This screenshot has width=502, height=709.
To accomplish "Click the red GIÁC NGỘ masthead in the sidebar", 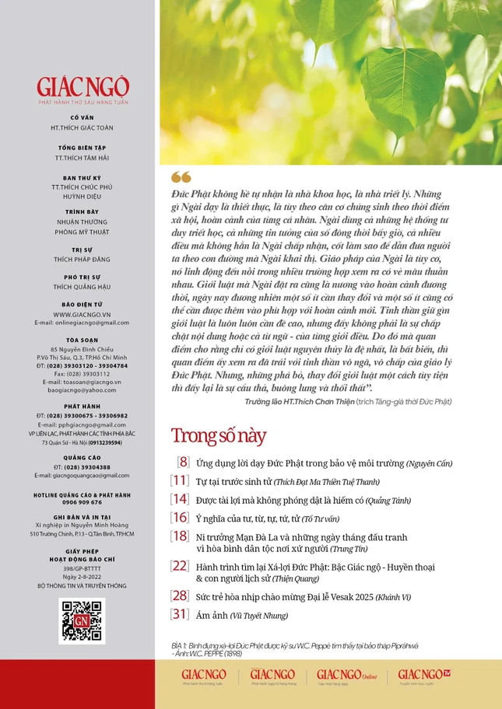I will [x=82, y=86].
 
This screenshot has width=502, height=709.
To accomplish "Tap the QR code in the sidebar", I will [x=82, y=621].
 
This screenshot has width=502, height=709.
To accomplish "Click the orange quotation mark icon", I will [x=180, y=177].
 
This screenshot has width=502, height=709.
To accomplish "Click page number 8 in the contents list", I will [x=183, y=463].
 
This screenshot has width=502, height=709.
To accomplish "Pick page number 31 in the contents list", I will [x=180, y=615].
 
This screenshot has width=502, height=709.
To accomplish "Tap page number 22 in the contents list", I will [x=180, y=565].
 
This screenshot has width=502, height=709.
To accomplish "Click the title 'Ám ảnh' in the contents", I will [x=212, y=616].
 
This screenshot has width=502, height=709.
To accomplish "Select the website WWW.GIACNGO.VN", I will [x=82, y=314].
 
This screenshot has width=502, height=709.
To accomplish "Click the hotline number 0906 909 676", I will [x=82, y=501].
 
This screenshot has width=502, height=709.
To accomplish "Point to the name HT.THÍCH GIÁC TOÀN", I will [x=82, y=127].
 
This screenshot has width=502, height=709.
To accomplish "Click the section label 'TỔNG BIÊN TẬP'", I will [x=82, y=147].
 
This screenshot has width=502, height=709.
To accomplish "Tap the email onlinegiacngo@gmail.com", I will [x=82, y=323].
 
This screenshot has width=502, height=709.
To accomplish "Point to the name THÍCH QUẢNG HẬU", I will [x=82, y=287].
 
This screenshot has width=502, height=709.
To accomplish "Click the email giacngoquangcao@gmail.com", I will [x=82, y=475].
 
